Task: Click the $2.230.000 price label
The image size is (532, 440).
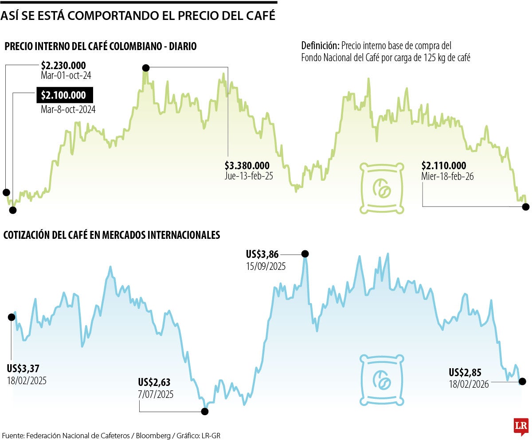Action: [x=63, y=66]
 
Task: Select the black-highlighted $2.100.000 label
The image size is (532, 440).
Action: [x=64, y=95]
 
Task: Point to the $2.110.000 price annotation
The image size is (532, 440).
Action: [x=444, y=166]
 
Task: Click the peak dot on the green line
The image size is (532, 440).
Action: [x=145, y=67]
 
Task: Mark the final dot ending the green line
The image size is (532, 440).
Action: [x=526, y=206]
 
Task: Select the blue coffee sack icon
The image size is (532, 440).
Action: [x=382, y=380]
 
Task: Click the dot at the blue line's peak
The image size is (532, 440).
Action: [x=305, y=254]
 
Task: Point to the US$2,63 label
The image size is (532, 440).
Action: [x=154, y=382]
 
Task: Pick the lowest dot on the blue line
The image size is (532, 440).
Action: [x=204, y=412]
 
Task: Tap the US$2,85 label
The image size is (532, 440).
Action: [x=465, y=372]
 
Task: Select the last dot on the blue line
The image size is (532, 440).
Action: [x=522, y=381]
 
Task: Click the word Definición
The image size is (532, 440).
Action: [x=321, y=45]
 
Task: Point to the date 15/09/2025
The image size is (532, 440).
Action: [x=266, y=267]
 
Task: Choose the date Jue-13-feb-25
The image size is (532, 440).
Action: [x=249, y=176]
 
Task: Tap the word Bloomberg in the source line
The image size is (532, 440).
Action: [x=153, y=435]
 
